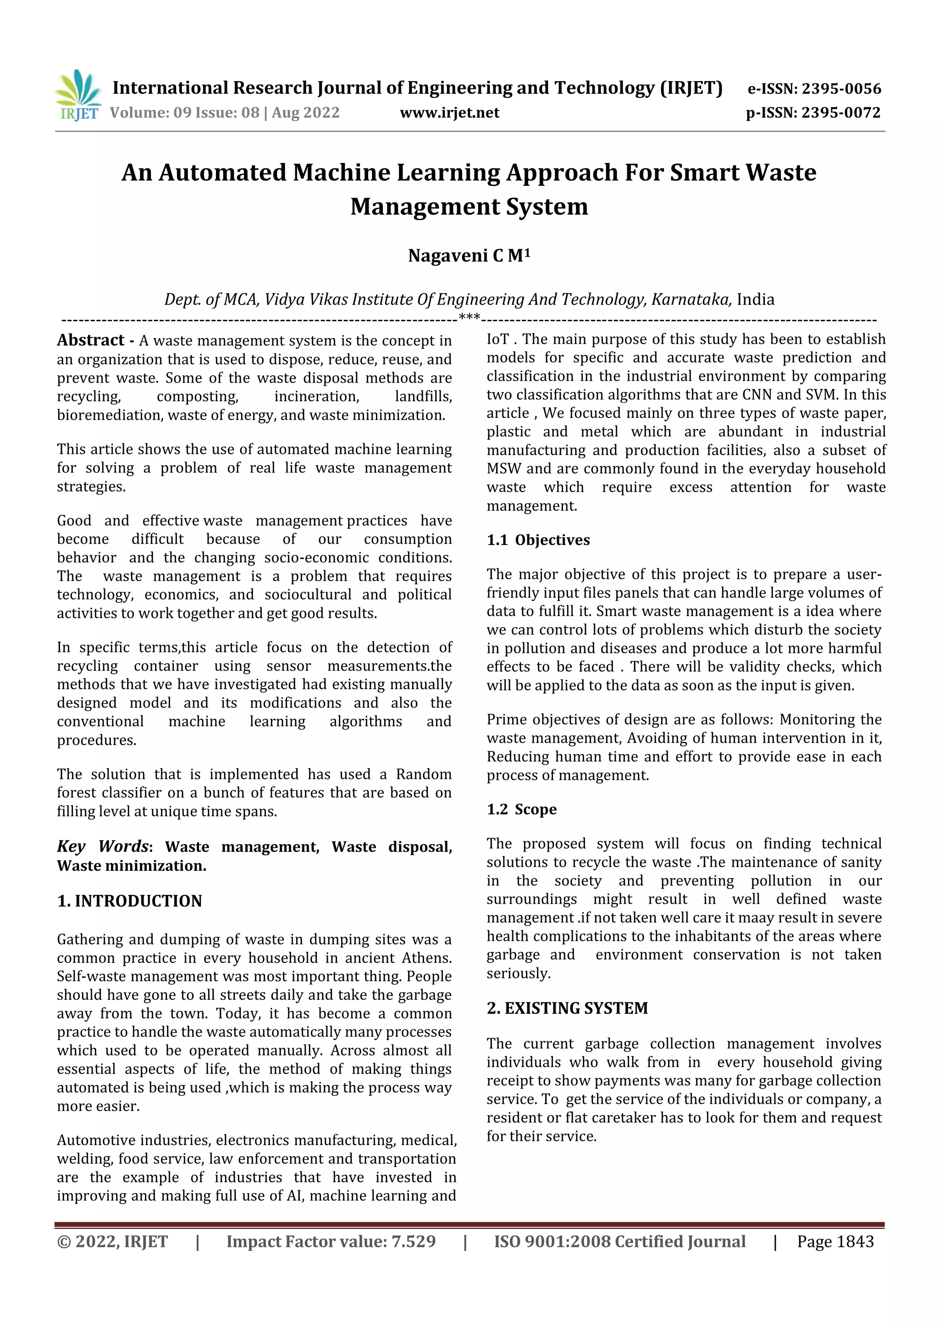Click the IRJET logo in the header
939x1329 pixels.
tap(78, 95)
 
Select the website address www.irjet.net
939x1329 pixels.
tap(449, 112)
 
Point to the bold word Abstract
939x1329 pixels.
tap(90, 340)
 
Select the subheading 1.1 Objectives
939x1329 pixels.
tap(538, 539)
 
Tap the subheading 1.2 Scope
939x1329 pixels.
tap(521, 809)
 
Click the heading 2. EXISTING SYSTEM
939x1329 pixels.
tap(567, 1008)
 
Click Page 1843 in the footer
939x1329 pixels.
tap(835, 1241)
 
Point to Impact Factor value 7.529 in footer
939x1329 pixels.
tap(331, 1241)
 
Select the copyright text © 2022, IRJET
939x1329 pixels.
tap(112, 1241)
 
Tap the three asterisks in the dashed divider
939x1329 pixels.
tap(469, 317)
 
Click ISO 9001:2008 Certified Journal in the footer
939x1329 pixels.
tap(619, 1241)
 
